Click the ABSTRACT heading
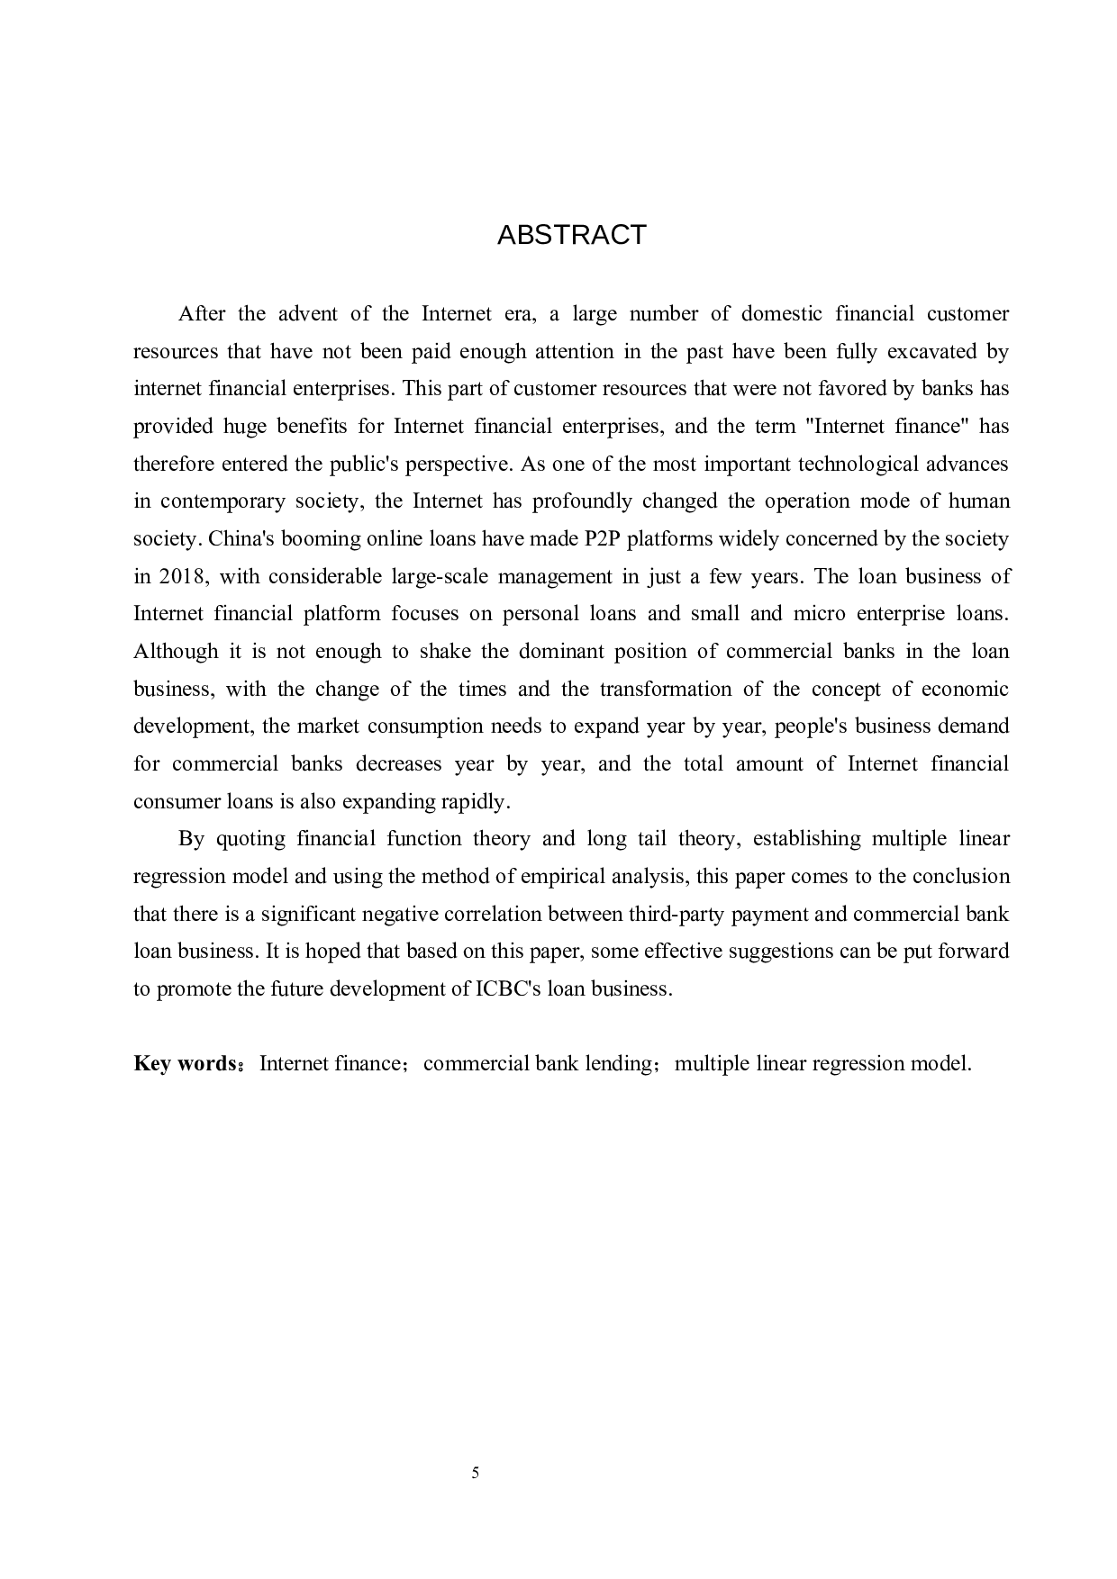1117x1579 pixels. (x=571, y=235)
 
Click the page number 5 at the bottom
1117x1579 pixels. (x=475, y=1473)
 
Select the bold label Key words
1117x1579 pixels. (x=185, y=1063)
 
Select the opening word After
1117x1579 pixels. (x=202, y=313)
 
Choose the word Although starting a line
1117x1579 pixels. (x=176, y=651)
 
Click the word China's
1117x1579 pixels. (x=241, y=538)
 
